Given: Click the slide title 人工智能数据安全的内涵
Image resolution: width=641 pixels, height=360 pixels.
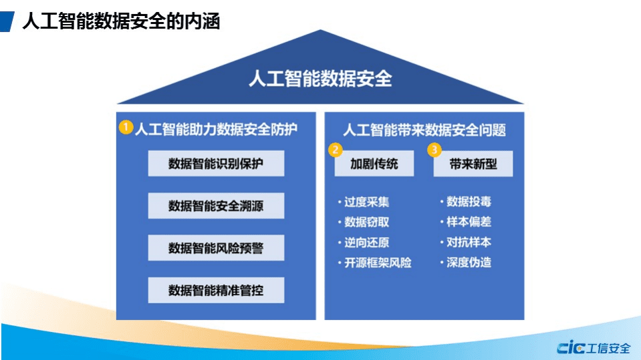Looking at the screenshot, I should pyautogui.click(x=121, y=21).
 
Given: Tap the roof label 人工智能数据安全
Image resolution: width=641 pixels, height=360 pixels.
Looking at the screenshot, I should pyautogui.click(x=319, y=79).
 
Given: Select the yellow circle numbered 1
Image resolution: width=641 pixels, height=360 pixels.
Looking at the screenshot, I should pyautogui.click(x=126, y=126).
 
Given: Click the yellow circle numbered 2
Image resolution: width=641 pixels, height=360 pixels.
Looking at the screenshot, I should pyautogui.click(x=336, y=150).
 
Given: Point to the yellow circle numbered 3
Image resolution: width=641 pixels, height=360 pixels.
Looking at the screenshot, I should pyautogui.click(x=434, y=150).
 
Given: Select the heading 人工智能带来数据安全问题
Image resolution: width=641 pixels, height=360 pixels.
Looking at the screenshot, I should pyautogui.click(x=424, y=129).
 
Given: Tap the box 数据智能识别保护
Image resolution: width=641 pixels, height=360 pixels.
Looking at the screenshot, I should pyautogui.click(x=216, y=164).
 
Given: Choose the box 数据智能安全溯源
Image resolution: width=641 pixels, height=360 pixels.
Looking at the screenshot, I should pyautogui.click(x=216, y=206).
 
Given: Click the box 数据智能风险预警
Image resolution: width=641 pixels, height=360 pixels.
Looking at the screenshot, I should pyautogui.click(x=216, y=248).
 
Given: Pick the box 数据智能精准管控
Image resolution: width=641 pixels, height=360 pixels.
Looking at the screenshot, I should pyautogui.click(x=216, y=290).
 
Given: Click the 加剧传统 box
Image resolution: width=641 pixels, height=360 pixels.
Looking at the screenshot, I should pyautogui.click(x=374, y=164).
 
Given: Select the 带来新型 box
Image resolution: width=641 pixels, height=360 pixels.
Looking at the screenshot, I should pyautogui.click(x=473, y=164).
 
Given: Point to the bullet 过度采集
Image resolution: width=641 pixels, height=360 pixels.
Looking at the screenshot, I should pyautogui.click(x=366, y=202).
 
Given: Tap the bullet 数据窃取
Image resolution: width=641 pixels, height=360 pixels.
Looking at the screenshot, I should pyautogui.click(x=366, y=222).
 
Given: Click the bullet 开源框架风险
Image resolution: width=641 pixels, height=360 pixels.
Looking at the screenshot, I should pyautogui.click(x=377, y=262).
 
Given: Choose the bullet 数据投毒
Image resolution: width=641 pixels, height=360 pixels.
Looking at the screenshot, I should pyautogui.click(x=469, y=202).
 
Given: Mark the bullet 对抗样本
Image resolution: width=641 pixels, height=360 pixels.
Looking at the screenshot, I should pyautogui.click(x=469, y=242).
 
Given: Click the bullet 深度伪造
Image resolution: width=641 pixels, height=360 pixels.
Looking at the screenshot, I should pyautogui.click(x=469, y=262).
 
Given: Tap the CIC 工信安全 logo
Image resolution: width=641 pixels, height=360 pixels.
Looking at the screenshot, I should pyautogui.click(x=594, y=347).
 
